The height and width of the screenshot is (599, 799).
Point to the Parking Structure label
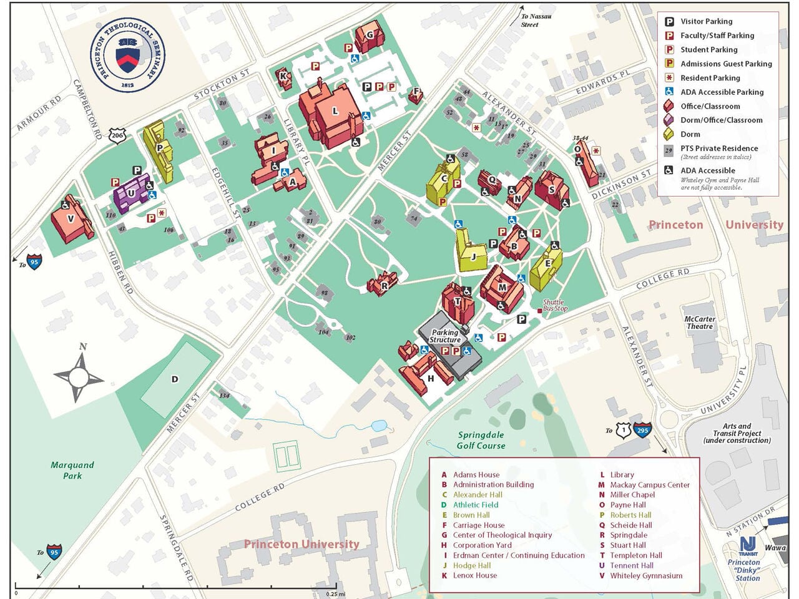click(445, 336)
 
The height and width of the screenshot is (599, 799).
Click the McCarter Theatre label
click(700, 323)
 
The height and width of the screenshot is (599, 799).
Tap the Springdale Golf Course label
click(481, 440)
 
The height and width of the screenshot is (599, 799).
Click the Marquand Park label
click(72, 470)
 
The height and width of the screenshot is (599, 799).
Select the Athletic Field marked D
click(175, 379)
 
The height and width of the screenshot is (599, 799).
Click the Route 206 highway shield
click(117, 135)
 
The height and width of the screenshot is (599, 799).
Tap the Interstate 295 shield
click(643, 430)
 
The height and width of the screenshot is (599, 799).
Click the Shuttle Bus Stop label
click(555, 305)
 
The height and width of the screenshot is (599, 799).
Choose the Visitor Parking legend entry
click(706, 21)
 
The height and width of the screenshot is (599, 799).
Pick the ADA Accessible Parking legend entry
click(722, 92)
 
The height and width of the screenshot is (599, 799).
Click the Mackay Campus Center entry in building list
click(649, 485)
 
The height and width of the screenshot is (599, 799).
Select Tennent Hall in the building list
click(632, 565)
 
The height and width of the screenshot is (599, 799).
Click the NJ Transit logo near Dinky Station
click(747, 546)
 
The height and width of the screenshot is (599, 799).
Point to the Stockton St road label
click(222, 84)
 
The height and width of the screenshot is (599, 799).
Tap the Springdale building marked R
click(383, 285)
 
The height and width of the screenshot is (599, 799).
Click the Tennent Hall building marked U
click(131, 194)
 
